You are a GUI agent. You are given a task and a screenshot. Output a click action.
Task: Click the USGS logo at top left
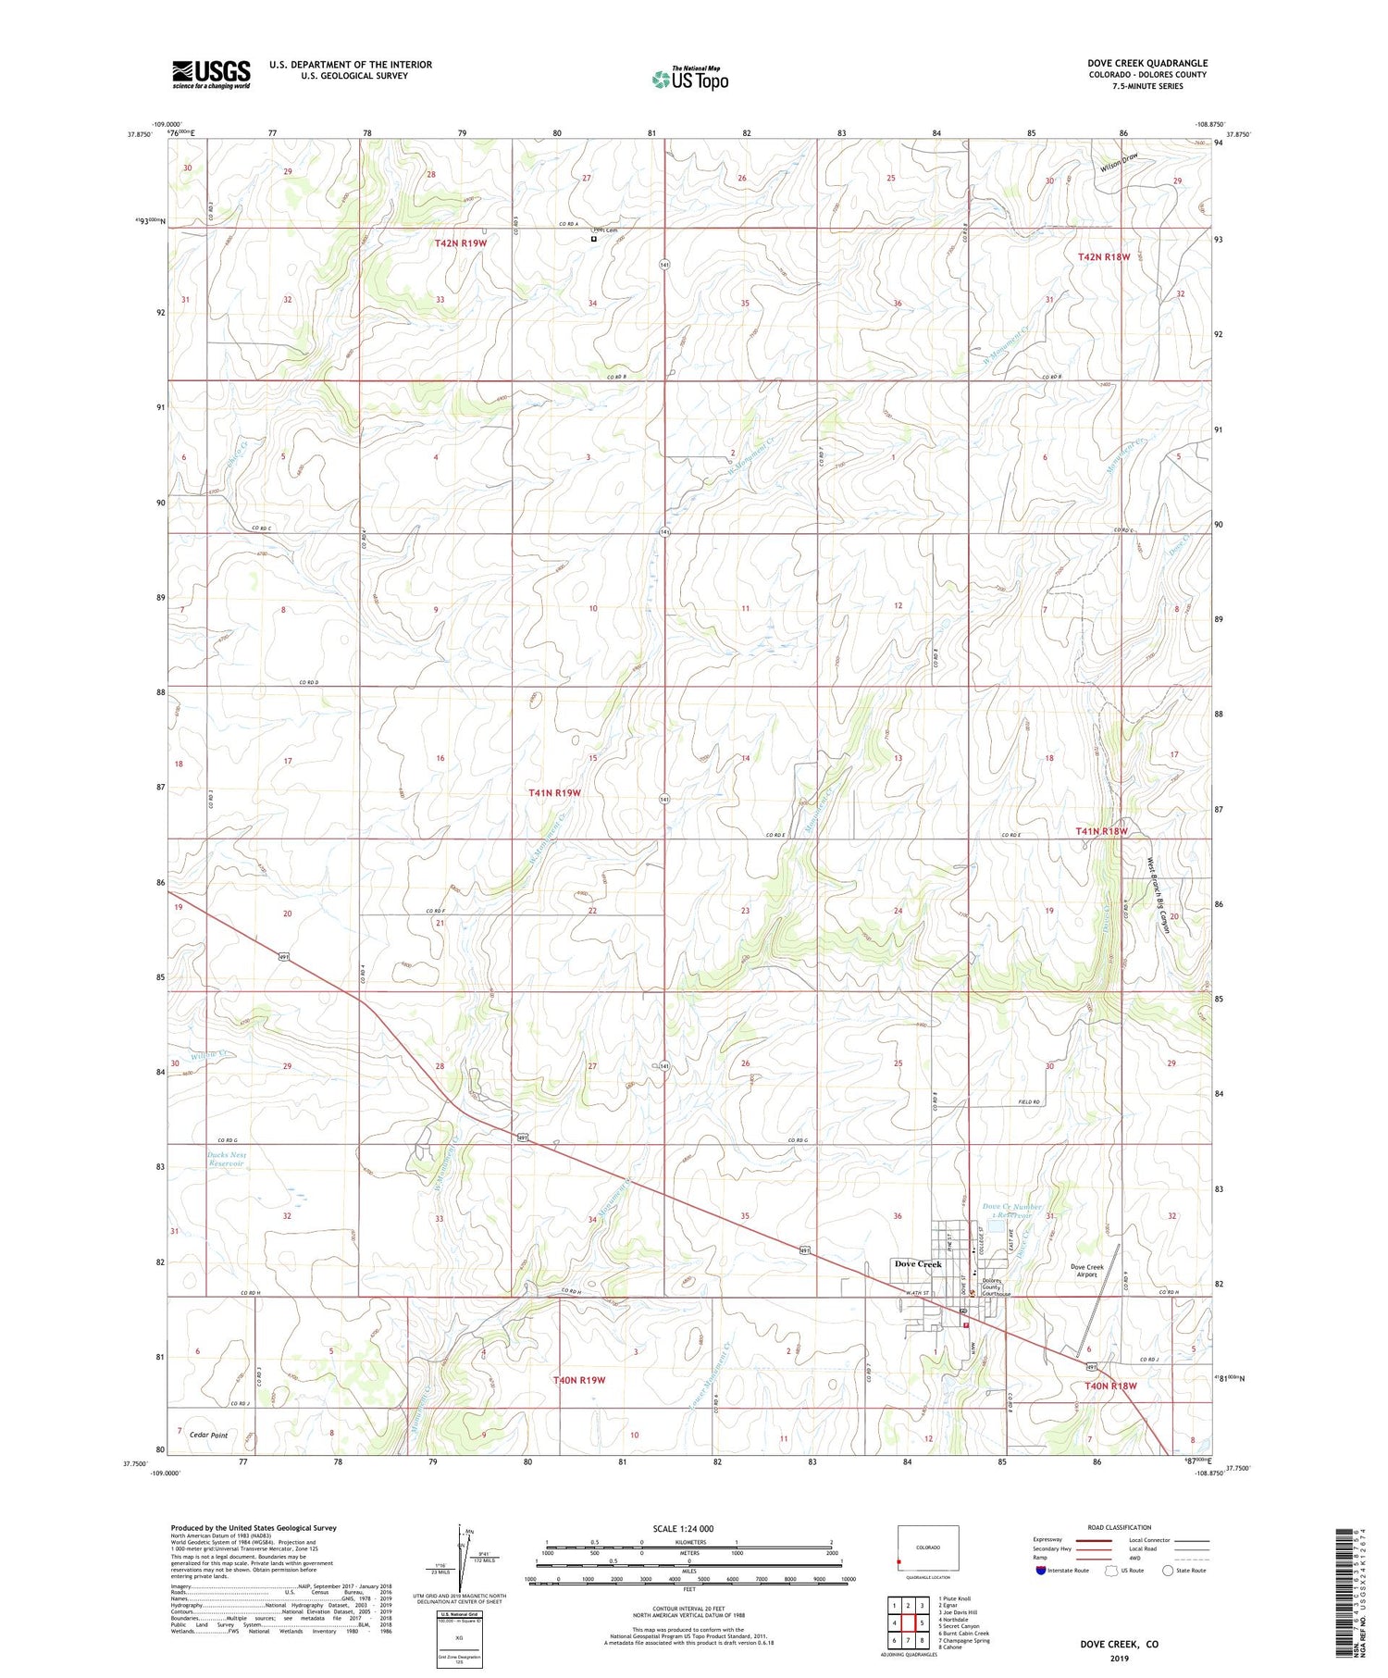click(x=211, y=74)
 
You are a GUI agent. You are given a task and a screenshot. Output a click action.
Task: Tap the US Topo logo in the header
click(x=690, y=80)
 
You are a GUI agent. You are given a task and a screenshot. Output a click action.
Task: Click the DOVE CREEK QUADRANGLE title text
click(x=1146, y=63)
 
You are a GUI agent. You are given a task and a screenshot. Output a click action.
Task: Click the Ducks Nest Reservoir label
click(x=227, y=1160)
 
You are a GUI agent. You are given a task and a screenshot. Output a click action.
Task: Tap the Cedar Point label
click(x=208, y=1436)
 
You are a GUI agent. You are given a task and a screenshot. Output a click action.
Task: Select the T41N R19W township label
click(x=554, y=793)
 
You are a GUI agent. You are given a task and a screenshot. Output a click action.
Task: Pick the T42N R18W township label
click(x=1103, y=256)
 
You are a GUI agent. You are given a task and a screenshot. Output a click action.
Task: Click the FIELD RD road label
click(x=1030, y=1102)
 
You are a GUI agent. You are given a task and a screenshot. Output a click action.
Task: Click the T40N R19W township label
click(x=578, y=1380)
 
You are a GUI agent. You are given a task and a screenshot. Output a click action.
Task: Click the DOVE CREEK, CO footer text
click(x=1118, y=1645)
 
